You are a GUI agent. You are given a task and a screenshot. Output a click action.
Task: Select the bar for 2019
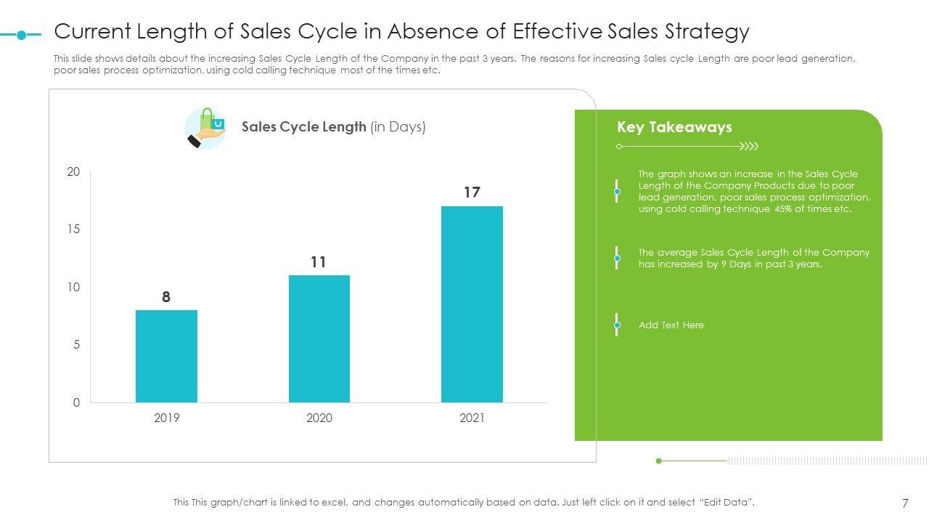pos(166,356)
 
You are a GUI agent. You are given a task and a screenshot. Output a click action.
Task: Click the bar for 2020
pos(319,338)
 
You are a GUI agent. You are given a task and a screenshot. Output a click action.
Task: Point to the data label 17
pos(472,192)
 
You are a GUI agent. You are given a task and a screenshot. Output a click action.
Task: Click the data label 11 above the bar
pos(319,262)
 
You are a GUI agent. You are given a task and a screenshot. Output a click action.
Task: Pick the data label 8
pos(166,297)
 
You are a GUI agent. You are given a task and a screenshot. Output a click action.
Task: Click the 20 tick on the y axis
pos(73,172)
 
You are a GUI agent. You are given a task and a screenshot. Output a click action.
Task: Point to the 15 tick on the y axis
pos(73,230)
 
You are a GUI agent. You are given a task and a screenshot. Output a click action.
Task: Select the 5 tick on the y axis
pos(76,345)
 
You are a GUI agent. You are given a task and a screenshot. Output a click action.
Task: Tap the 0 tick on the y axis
pos(76,403)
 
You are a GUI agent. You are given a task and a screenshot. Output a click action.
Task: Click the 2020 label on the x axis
pos(319,418)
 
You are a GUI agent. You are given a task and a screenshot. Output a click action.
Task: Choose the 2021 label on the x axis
pos(472,418)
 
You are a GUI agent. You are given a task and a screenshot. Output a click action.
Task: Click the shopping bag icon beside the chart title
pos(206,129)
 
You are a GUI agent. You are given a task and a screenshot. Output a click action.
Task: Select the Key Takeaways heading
pos(674,127)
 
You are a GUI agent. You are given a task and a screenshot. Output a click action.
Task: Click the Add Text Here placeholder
pos(671,325)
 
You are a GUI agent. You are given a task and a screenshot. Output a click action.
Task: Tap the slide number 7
pos(905,503)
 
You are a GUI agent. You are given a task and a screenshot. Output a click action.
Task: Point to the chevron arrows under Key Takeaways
pos(749,147)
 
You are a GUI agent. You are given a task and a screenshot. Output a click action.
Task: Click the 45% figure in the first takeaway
pos(782,209)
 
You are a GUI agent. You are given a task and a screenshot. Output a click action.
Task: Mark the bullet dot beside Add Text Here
pos(617,325)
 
